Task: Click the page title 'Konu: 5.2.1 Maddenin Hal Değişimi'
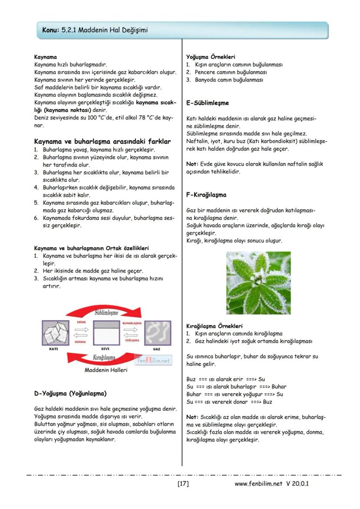click(95, 30)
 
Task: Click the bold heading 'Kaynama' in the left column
click(45, 57)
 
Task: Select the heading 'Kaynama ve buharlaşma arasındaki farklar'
click(102, 141)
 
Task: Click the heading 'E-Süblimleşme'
click(207, 103)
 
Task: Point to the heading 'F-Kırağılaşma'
click(206, 195)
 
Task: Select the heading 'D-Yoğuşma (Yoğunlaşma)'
click(70, 393)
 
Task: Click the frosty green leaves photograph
click(258, 283)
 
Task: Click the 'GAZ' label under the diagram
click(157, 349)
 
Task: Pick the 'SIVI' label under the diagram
click(105, 349)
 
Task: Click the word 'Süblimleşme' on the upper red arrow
click(106, 313)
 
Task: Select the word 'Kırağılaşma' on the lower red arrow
click(104, 357)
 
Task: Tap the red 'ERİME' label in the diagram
click(81, 323)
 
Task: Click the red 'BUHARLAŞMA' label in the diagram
click(132, 323)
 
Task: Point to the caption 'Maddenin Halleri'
click(106, 370)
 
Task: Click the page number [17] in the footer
click(183, 483)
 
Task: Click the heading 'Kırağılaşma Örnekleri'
click(214, 326)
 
